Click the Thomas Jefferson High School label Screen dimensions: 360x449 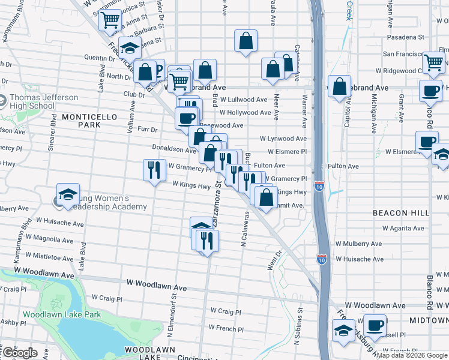pos(44,102)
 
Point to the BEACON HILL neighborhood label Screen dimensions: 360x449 pos(401,213)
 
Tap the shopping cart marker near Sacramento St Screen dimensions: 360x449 pos(110,19)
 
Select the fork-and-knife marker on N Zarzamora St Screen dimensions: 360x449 pos(207,241)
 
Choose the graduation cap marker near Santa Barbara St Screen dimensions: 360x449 pos(130,47)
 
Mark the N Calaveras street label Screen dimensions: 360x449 pos(244,230)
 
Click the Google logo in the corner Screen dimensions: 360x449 pos(19,353)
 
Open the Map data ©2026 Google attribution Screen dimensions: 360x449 pos(412,355)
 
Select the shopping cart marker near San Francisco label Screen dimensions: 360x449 pos(433,62)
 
